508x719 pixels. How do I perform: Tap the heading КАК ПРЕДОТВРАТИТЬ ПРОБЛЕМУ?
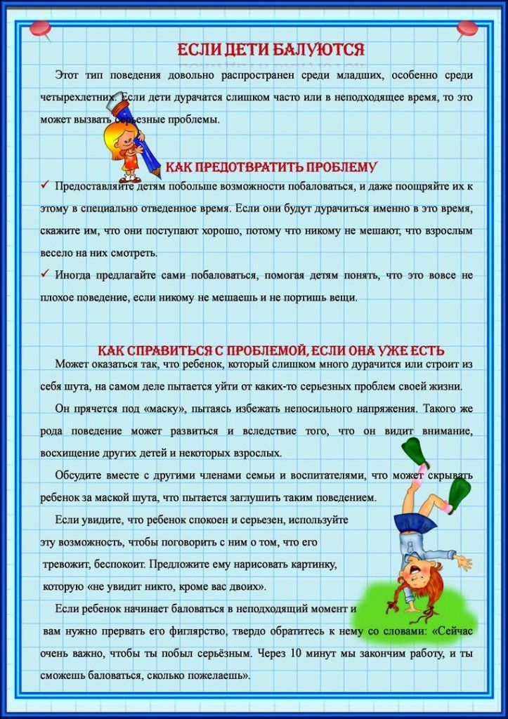[x=271, y=167]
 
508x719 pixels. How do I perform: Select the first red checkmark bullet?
[x=44, y=185]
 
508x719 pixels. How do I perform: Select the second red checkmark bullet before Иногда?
[x=44, y=274]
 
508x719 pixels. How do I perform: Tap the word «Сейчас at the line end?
[x=452, y=631]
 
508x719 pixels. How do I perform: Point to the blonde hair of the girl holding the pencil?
[x=115, y=131]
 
